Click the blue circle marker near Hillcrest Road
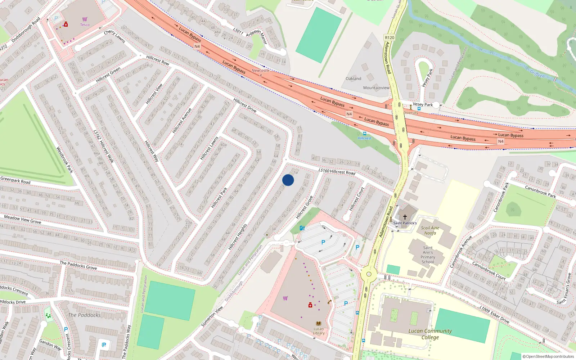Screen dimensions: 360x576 [x=288, y=180]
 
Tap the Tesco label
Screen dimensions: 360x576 [x=85, y=25]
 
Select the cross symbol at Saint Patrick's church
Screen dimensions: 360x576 [x=405, y=217]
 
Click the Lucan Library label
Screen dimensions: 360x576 [x=319, y=331]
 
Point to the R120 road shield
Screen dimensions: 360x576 [x=390, y=37]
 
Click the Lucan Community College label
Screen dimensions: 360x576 [x=430, y=334]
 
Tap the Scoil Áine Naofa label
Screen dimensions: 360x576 [x=430, y=230]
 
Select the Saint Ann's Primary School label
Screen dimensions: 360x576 [x=428, y=255]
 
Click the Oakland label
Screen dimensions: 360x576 [x=353, y=78]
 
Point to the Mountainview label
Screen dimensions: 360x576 [x=376, y=88]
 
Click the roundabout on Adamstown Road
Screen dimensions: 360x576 [x=369, y=274]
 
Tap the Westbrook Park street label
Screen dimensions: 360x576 [x=64, y=159]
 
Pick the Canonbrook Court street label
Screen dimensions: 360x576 [x=489, y=271]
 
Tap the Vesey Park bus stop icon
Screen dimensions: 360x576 [x=419, y=108]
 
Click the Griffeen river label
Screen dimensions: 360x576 [x=537, y=74]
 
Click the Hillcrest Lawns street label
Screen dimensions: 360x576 [x=209, y=148]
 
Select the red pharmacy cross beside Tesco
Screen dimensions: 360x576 [x=66, y=24]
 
